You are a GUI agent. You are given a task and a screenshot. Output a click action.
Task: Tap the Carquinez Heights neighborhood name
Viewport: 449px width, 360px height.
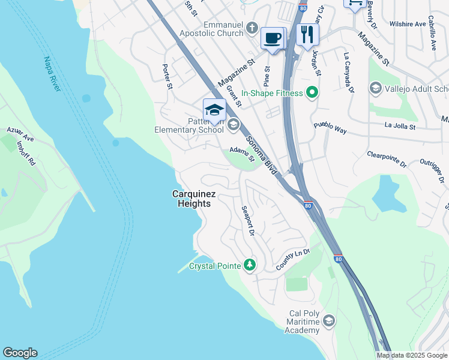click(x=191, y=199)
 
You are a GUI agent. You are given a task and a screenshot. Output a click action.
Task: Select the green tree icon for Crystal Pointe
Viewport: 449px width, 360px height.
click(x=250, y=265)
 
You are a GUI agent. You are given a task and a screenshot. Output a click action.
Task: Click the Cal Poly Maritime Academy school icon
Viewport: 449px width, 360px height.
click(x=328, y=321)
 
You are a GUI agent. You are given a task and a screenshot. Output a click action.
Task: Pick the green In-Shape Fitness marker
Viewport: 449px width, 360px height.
click(x=312, y=93)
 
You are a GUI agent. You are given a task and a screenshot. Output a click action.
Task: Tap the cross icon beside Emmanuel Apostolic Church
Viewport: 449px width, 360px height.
click(x=253, y=28)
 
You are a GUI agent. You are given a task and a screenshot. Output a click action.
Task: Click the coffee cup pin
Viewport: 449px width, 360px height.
click(x=273, y=38)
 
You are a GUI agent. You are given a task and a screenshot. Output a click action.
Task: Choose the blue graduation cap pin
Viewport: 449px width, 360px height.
click(x=214, y=110)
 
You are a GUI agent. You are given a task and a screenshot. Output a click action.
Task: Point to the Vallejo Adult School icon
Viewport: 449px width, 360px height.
click(x=375, y=89)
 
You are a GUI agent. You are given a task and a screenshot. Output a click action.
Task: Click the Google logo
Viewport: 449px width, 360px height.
click(x=20, y=353)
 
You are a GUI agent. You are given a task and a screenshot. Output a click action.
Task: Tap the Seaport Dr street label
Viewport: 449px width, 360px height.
click(x=248, y=220)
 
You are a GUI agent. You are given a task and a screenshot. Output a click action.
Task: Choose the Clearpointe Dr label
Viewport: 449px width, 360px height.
click(x=387, y=159)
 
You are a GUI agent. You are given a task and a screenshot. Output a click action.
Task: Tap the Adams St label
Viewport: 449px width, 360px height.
click(x=243, y=155)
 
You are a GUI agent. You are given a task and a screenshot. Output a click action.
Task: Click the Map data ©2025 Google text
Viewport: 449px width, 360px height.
click(x=412, y=355)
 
